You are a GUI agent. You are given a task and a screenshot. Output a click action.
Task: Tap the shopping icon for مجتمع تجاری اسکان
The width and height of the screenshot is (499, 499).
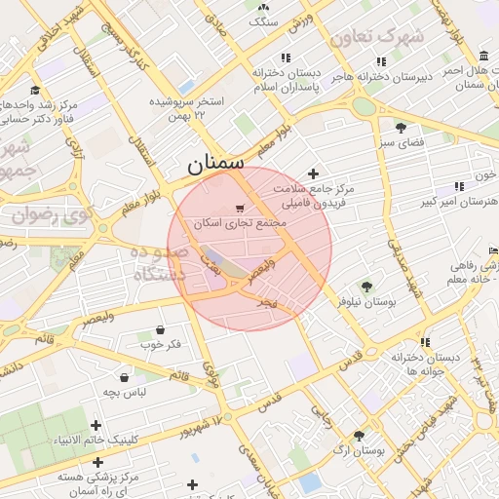240,210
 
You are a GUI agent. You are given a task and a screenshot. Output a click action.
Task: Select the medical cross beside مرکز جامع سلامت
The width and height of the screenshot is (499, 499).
313,173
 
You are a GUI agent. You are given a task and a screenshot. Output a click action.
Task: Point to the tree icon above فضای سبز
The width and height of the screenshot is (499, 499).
401,128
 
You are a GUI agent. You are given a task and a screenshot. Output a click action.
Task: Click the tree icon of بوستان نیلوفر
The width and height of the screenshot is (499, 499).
366,287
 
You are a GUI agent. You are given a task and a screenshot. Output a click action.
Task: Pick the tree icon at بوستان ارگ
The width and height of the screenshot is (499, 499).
359,436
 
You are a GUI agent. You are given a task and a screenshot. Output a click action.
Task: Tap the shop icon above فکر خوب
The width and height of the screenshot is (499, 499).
160,329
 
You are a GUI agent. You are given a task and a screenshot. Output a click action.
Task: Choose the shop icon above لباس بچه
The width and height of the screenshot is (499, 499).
126,377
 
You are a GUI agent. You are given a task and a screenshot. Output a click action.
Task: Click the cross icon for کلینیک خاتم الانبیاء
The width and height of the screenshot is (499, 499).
96,425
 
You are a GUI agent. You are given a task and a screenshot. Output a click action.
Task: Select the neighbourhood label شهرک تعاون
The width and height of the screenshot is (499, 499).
377,37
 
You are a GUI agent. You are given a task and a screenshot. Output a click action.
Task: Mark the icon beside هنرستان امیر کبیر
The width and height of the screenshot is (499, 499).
459,187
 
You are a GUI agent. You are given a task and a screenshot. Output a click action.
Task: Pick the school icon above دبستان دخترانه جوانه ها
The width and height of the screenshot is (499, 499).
425,342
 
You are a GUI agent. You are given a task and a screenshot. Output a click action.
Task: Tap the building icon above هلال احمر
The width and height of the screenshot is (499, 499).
484,55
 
